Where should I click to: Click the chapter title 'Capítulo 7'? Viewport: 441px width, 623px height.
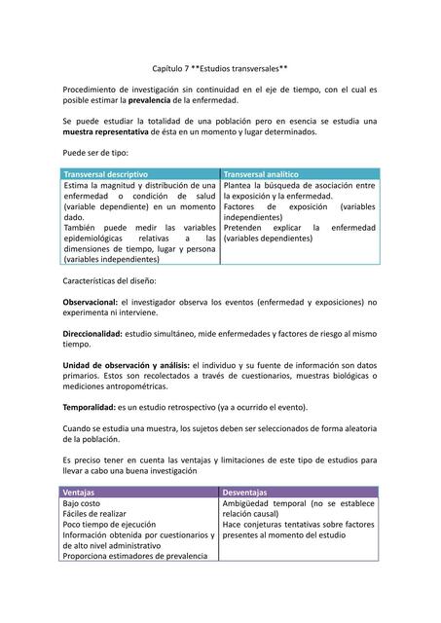click(176, 68)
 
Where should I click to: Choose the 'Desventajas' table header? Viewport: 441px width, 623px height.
click(244, 493)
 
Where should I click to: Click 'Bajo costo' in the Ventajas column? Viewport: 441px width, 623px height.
click(85, 503)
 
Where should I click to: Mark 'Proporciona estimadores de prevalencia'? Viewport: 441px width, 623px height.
click(135, 556)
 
